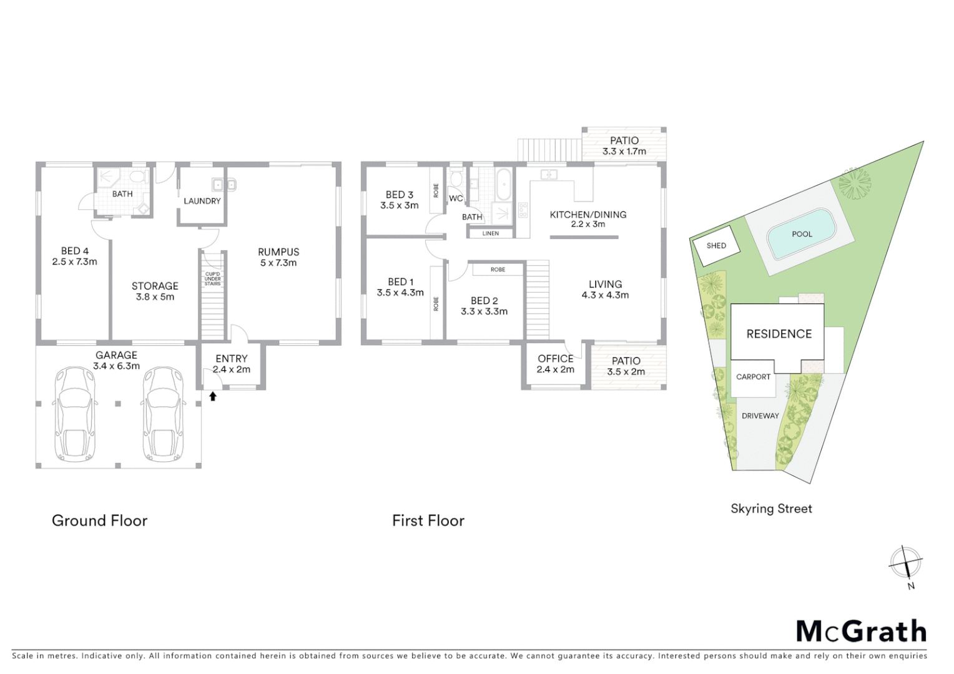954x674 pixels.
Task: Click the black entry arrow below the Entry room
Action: [x=213, y=396]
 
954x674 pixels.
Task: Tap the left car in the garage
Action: [x=74, y=413]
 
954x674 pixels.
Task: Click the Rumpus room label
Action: [x=278, y=257]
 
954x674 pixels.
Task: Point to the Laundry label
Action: [x=202, y=201]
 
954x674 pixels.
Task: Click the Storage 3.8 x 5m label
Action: [x=155, y=291]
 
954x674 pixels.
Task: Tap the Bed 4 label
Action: [x=74, y=256]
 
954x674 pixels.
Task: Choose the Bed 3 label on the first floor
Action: [x=399, y=200]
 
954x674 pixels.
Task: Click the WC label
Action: [x=456, y=198]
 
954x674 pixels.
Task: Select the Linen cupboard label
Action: [x=491, y=233]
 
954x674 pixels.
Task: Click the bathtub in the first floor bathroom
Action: [x=503, y=183]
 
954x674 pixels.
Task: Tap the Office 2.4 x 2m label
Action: [x=555, y=364]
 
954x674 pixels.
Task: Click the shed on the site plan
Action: [x=716, y=246]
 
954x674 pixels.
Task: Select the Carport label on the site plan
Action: [x=753, y=377]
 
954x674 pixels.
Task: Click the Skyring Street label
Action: [x=771, y=509]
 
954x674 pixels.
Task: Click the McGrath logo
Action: [x=861, y=632]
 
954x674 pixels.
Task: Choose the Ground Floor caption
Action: [x=99, y=520]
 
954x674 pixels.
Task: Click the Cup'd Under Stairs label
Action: [x=212, y=279]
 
